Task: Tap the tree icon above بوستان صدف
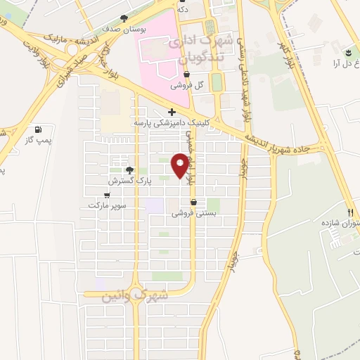(124, 18)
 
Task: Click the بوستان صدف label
(122, 30)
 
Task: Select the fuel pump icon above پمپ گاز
(37, 129)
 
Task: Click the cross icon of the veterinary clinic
(172, 112)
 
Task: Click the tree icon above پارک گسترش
(129, 169)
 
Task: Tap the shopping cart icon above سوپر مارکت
(107, 195)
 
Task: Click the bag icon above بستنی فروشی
(193, 202)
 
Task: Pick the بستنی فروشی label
(191, 214)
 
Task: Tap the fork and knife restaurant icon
(349, 212)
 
